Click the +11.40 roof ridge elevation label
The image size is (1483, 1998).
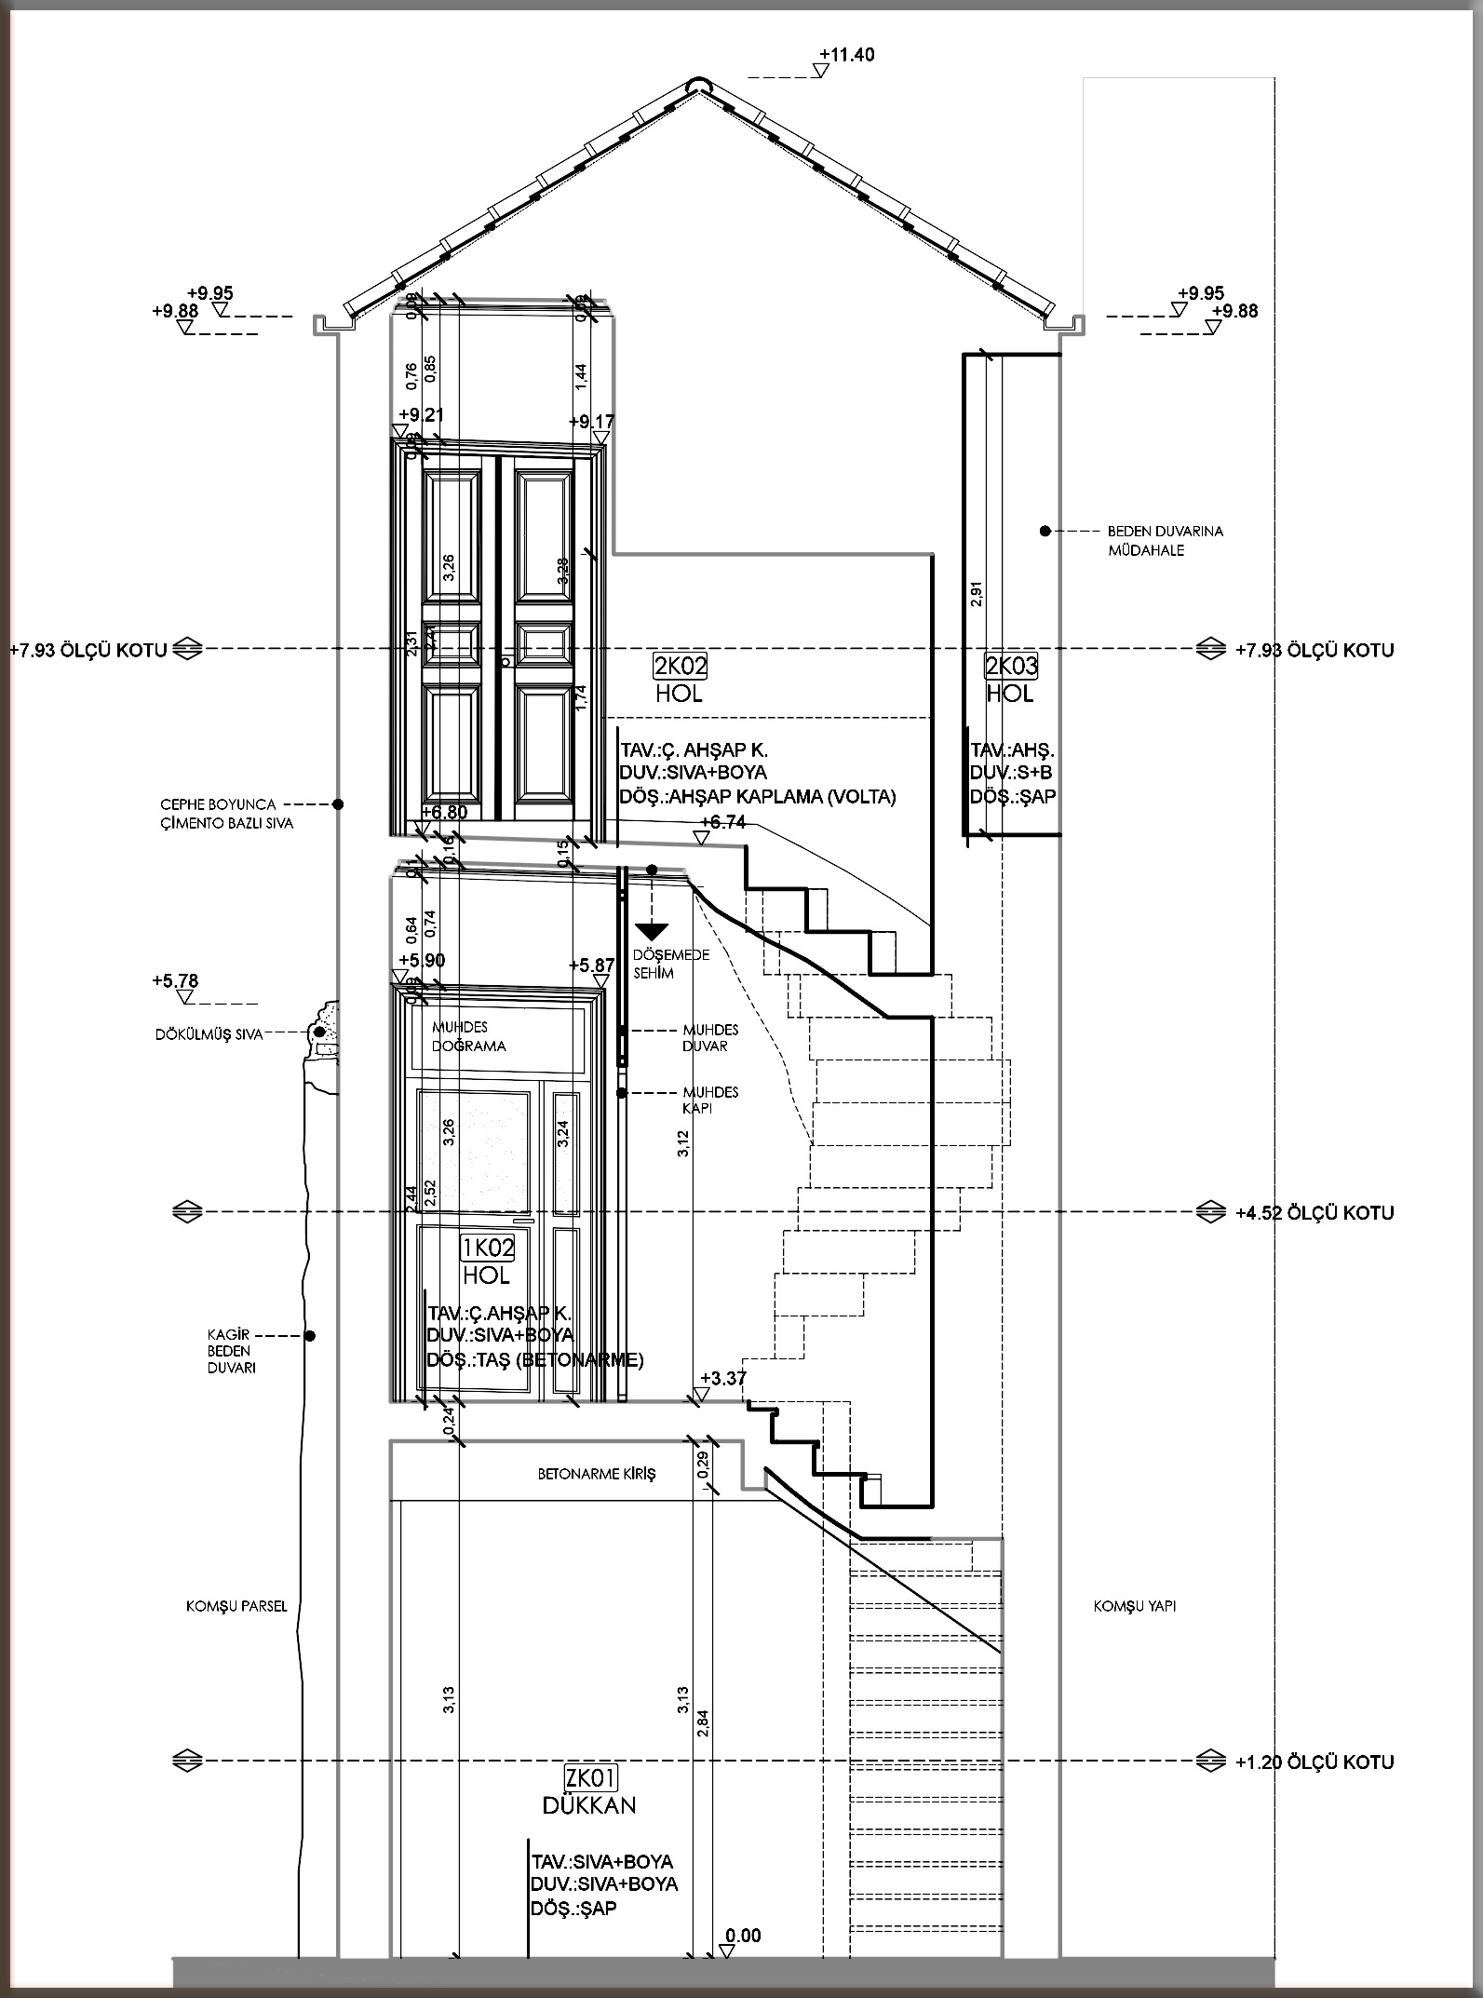point(847,55)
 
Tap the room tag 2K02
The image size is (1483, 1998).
point(681,666)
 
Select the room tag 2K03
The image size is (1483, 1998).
point(1011,666)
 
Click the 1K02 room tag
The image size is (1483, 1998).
point(487,1247)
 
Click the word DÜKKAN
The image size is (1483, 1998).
point(589,1805)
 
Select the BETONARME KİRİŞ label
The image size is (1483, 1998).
point(597,1474)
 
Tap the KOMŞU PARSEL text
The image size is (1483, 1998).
point(236,1606)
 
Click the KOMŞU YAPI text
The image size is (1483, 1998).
point(1134,1606)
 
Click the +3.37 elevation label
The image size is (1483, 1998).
point(723,1378)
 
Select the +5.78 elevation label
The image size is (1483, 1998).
point(175,980)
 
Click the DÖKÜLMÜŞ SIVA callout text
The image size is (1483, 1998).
point(208,1034)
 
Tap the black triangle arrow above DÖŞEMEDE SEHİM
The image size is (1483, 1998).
point(653,929)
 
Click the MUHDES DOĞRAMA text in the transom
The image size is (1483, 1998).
point(468,1036)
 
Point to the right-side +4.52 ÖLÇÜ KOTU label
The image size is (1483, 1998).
point(1314,1213)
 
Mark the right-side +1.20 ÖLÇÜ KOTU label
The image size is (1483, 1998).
point(1314,1762)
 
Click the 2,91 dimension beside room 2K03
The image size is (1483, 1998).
point(976,594)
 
